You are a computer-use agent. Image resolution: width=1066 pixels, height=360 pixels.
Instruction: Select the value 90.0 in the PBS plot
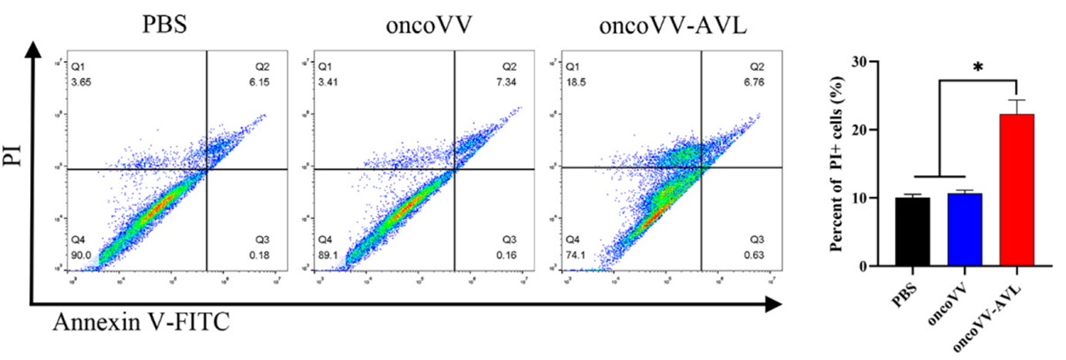(x=81, y=252)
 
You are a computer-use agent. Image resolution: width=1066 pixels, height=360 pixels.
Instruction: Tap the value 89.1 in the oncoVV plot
(x=329, y=252)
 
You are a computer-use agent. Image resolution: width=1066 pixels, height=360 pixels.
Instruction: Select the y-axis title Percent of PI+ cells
(x=856, y=163)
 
